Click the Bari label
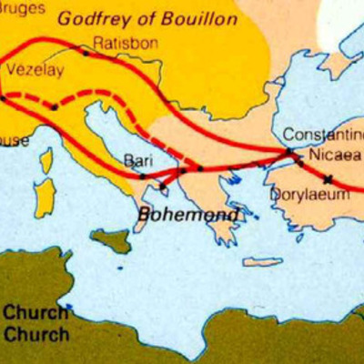pos(137,160)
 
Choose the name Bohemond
pos(189,216)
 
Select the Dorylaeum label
pos(309,194)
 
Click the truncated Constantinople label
pos(323,133)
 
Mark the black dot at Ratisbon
pos(86,54)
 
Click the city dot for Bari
pos(143,176)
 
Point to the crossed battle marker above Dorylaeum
pos(327,178)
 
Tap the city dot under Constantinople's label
pos(288,151)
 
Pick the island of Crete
pos(262,262)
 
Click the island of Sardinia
pos(42,196)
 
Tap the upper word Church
pos(35,314)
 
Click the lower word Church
pos(35,334)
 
